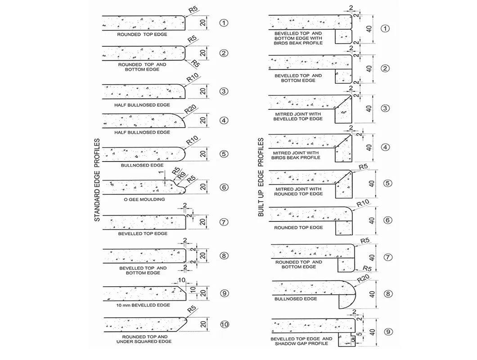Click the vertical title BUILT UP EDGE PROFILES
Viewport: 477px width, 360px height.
click(x=261, y=177)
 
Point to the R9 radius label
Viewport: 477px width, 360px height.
click(x=182, y=175)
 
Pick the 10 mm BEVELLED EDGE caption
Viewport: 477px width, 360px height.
click(x=143, y=305)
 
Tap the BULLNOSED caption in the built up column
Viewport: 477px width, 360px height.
click(x=295, y=299)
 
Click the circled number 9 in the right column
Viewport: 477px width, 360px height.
click(x=388, y=332)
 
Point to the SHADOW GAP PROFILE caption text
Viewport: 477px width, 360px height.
click(x=301, y=343)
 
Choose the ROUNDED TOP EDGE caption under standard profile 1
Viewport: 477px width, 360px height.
click(x=142, y=34)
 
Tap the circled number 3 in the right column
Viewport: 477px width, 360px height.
click(x=385, y=108)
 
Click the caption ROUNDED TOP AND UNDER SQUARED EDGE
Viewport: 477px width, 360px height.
click(x=145, y=339)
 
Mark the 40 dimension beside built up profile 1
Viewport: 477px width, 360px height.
click(x=369, y=29)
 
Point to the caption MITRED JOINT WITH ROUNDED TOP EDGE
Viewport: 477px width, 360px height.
click(x=298, y=191)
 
